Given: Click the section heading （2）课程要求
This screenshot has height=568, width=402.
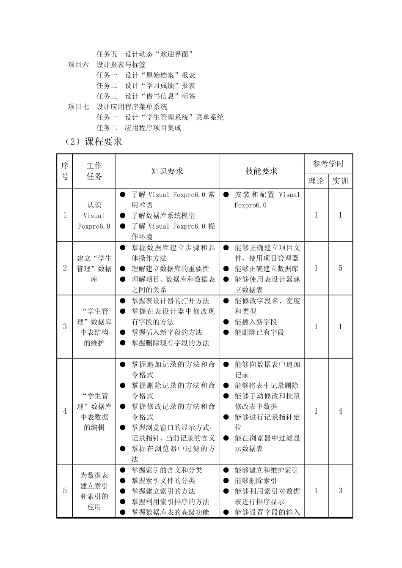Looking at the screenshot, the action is click(x=93, y=142).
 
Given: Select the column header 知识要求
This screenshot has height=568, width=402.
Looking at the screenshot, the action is click(x=167, y=171).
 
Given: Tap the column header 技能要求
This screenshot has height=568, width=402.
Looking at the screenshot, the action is click(x=261, y=171).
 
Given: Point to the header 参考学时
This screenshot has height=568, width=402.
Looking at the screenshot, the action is click(x=328, y=164).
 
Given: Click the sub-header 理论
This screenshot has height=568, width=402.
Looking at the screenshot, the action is click(x=316, y=181).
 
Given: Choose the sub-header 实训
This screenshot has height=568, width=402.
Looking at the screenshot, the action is click(x=340, y=181).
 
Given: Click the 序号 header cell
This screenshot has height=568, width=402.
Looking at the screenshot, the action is click(x=65, y=171).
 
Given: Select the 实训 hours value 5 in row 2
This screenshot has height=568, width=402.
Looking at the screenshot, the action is click(x=340, y=268).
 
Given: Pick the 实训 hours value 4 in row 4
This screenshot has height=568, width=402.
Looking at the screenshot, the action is click(x=340, y=411).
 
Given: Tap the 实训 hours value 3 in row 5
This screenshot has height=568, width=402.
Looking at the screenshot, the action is click(x=340, y=491).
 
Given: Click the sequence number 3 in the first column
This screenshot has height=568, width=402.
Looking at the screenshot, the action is click(x=65, y=326).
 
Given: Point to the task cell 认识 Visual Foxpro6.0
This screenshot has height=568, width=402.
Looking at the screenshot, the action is click(x=94, y=216).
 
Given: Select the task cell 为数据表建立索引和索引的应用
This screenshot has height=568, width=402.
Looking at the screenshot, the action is click(x=94, y=491).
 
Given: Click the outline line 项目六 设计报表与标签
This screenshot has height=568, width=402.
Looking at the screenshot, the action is click(x=107, y=65).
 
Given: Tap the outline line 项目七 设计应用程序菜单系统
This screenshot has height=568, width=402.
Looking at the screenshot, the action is click(x=118, y=107).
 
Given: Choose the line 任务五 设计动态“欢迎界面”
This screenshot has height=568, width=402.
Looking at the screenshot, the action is click(x=145, y=54).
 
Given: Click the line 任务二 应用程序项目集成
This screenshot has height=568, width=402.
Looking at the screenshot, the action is click(x=139, y=128).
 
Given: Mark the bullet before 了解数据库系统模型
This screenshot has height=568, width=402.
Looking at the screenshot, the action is click(x=123, y=216).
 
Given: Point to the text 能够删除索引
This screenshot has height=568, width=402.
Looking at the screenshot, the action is click(x=256, y=481).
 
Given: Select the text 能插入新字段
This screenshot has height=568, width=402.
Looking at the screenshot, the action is click(x=256, y=322).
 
